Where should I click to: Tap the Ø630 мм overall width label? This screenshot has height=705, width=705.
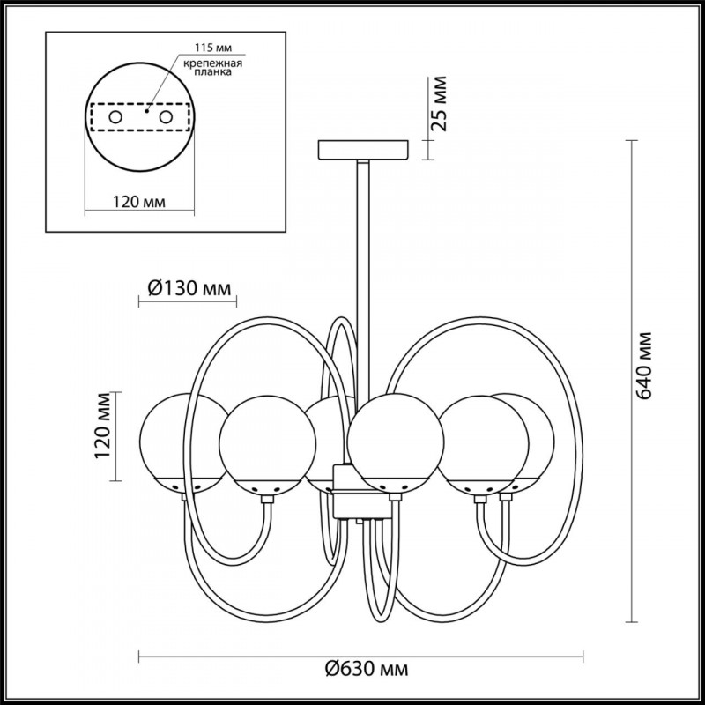tap(367, 670)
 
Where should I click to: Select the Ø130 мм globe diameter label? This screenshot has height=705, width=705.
tap(189, 288)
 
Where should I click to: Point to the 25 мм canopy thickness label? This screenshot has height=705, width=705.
tap(439, 104)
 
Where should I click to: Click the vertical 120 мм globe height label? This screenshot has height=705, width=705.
tap(103, 426)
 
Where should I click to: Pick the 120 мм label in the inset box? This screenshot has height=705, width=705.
tap(139, 202)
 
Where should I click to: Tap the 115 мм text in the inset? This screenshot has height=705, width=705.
tap(213, 48)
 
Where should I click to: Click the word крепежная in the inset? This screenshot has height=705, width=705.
tap(212, 63)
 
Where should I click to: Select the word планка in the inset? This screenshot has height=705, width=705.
tap(213, 71)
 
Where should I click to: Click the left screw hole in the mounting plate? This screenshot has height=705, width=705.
tap(115, 117)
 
